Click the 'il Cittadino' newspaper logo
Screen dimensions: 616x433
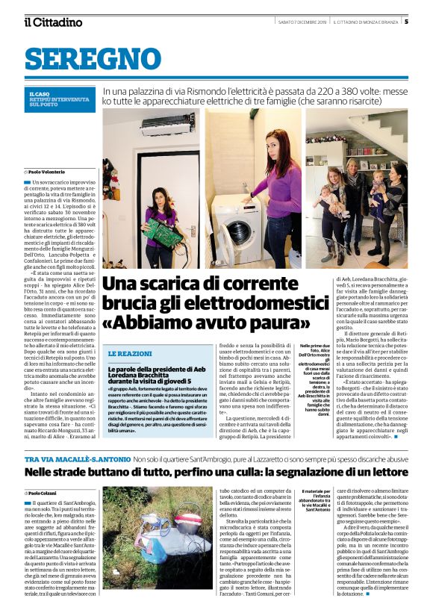tap(54, 22)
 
